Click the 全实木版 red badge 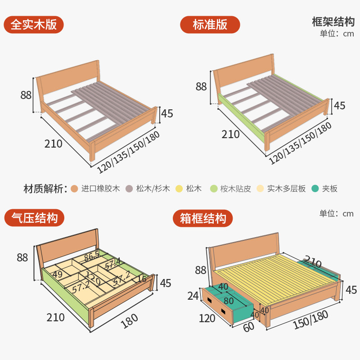pyautogui.click(x=34, y=24)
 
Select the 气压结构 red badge pyautogui.click(x=34, y=219)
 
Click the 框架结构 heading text pyautogui.click(x=333, y=22)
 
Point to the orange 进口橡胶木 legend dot pyautogui.click(x=75, y=189)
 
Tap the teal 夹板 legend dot pyautogui.click(x=315, y=189)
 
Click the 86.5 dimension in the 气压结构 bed pyautogui.click(x=92, y=257)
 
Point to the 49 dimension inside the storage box pyautogui.click(x=57, y=274)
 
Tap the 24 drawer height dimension pyautogui.click(x=194, y=296)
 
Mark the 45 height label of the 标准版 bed pyautogui.click(x=340, y=106)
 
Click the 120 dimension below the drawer pyautogui.click(x=207, y=319)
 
